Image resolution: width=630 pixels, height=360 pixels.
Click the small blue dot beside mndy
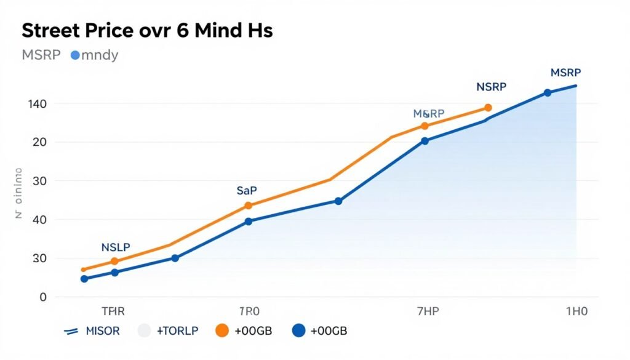click(x=75, y=55)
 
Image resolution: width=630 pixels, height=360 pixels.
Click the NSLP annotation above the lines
click(x=116, y=247)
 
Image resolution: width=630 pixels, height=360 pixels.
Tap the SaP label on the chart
click(x=246, y=191)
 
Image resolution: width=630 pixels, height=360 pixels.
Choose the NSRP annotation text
click(x=491, y=87)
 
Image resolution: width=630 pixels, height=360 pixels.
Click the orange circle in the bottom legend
click(x=222, y=331)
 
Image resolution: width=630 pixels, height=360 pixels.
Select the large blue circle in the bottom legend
click(x=298, y=331)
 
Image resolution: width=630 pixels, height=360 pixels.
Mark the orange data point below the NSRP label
click(x=488, y=108)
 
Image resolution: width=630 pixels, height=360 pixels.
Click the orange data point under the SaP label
click(x=248, y=206)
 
